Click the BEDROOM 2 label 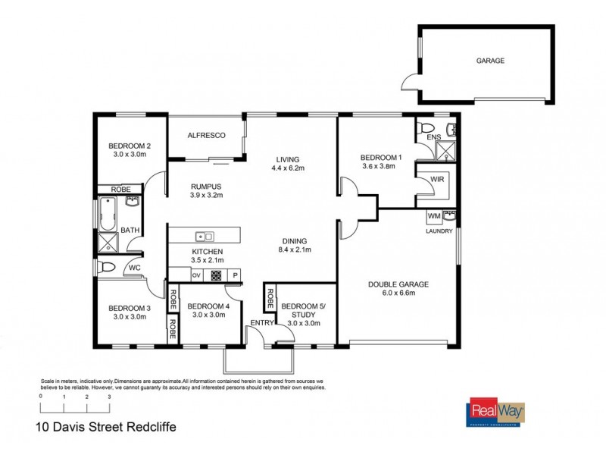pyautogui.click(x=130, y=146)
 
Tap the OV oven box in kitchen pyautogui.click(x=195, y=275)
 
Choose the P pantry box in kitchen pyautogui.click(x=235, y=275)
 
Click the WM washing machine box pyautogui.click(x=434, y=217)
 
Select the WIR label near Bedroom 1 pyautogui.click(x=437, y=180)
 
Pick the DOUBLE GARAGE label pyautogui.click(x=398, y=284)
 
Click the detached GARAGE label pyautogui.click(x=490, y=61)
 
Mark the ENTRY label pyautogui.click(x=263, y=324)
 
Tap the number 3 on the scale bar pyautogui.click(x=109, y=397)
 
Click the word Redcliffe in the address pyautogui.click(x=151, y=426)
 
